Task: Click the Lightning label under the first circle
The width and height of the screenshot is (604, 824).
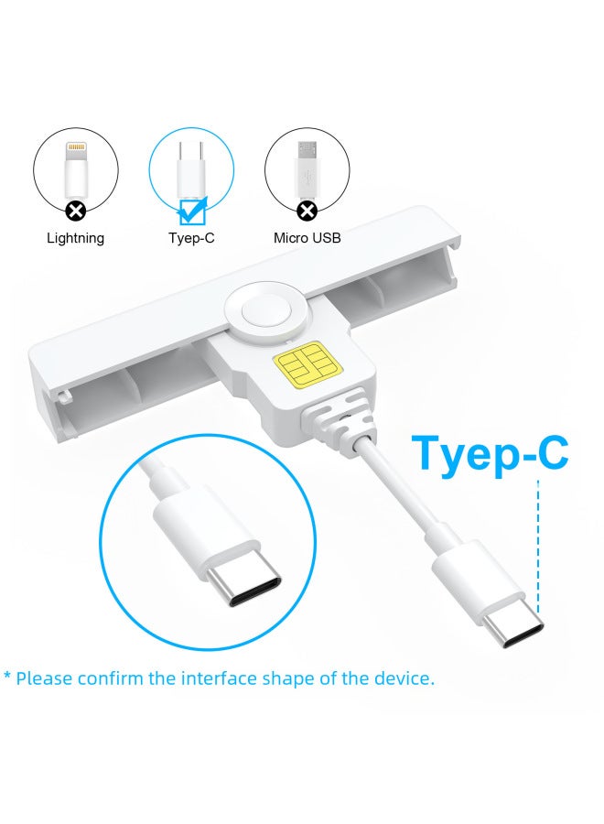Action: [x=76, y=238]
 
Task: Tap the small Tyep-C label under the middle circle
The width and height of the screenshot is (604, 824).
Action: [x=191, y=238]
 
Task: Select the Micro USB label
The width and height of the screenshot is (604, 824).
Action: [x=307, y=238]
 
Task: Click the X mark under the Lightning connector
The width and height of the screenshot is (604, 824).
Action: [x=76, y=211]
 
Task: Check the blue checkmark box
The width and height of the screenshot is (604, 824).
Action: [x=192, y=212]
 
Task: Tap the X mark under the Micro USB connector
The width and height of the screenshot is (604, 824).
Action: [x=307, y=211]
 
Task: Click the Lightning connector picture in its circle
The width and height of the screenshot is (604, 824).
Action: [x=76, y=169]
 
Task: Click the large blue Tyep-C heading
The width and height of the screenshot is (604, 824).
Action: [x=490, y=452]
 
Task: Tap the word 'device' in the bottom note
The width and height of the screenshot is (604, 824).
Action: [x=404, y=679]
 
